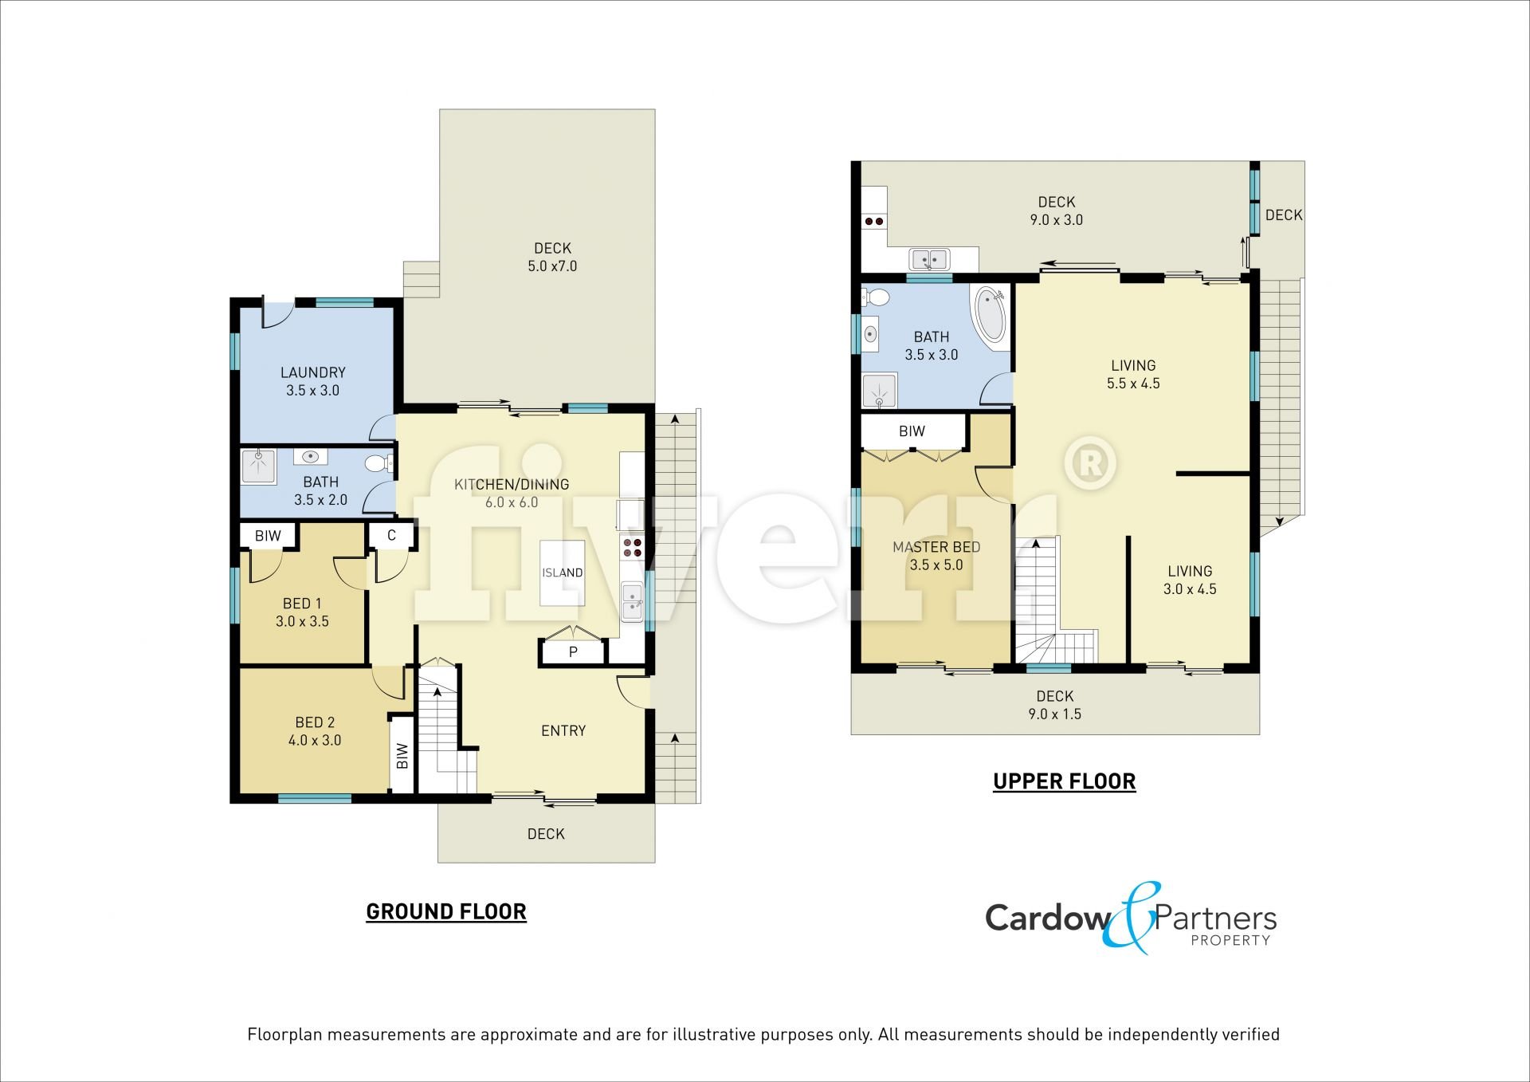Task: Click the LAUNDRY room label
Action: pyautogui.click(x=313, y=372)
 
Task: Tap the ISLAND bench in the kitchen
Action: pyautogui.click(x=563, y=572)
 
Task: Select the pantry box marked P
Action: pyautogui.click(x=573, y=652)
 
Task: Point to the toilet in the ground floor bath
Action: pyautogui.click(x=377, y=462)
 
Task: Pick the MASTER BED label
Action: pyautogui.click(x=936, y=547)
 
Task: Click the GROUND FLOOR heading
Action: pyautogui.click(x=446, y=911)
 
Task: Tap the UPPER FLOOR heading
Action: pyautogui.click(x=1065, y=781)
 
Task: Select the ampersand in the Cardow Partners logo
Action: pyautogui.click(x=1129, y=918)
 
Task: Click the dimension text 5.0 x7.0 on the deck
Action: pyautogui.click(x=552, y=266)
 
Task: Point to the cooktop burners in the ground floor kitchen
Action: pyautogui.click(x=632, y=547)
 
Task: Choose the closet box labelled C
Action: pyautogui.click(x=391, y=536)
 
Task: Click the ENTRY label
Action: pyautogui.click(x=563, y=730)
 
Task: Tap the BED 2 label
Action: pyautogui.click(x=315, y=722)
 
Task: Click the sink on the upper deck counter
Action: pyautogui.click(x=930, y=259)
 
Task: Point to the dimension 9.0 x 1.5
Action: pyautogui.click(x=1055, y=714)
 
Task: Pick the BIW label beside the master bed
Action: pyautogui.click(x=912, y=431)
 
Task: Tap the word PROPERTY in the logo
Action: pyautogui.click(x=1230, y=940)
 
